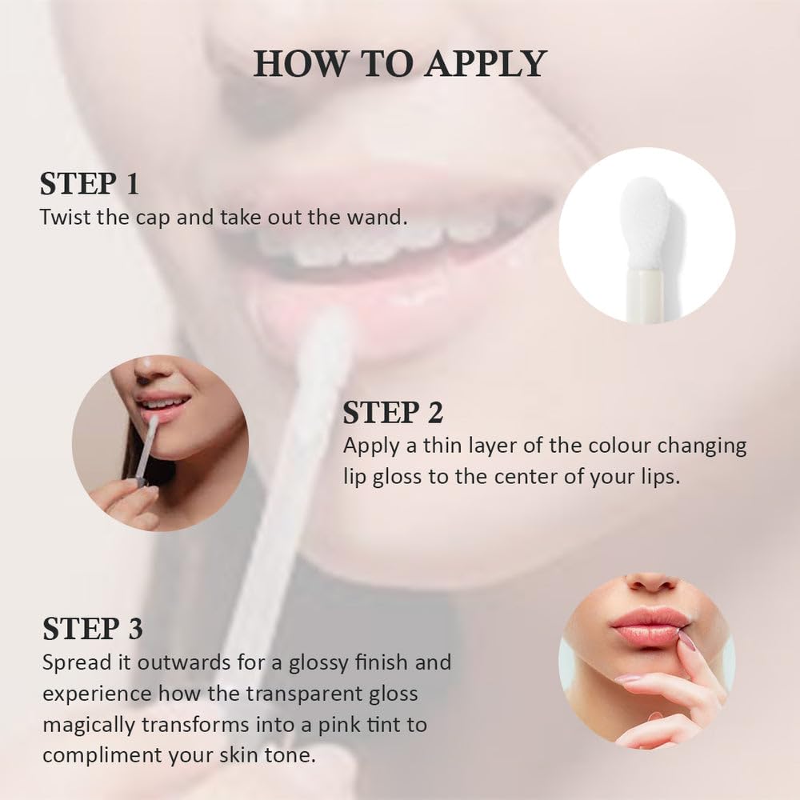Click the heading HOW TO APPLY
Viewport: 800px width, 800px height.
click(400, 64)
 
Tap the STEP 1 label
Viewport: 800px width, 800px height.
click(89, 184)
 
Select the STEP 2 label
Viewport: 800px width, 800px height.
click(393, 412)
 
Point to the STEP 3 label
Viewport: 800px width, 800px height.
click(93, 629)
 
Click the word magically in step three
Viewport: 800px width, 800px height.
click(90, 725)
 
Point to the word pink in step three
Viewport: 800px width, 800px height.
click(335, 725)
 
